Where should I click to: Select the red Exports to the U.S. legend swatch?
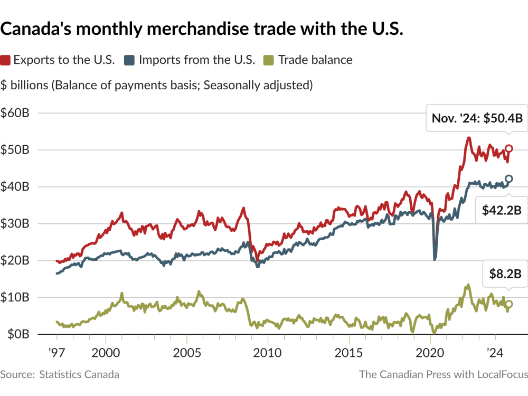[x=6, y=60]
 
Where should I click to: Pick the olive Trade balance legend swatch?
[x=271, y=60]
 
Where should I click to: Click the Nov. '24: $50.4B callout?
[x=477, y=118]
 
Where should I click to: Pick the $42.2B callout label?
[x=502, y=210]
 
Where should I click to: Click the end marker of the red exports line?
[x=508, y=148]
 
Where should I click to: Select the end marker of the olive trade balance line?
[x=508, y=304]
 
